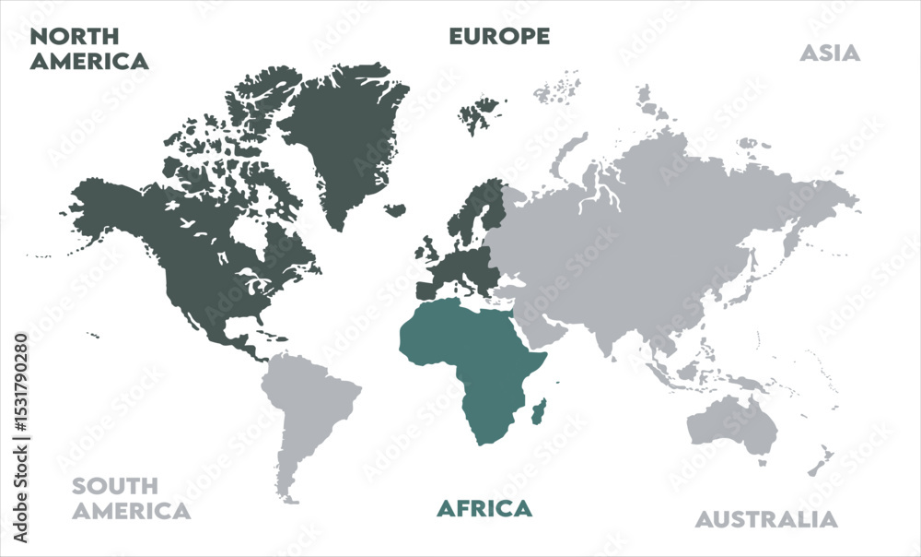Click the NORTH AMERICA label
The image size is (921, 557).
88,49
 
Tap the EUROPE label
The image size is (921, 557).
499,36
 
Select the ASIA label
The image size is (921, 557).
829,53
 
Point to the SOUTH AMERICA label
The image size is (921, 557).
131,498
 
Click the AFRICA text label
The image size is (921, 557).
484,508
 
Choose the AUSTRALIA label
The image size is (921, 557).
766,519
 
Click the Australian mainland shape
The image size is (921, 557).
732,424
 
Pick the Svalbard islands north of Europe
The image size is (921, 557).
482,115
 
